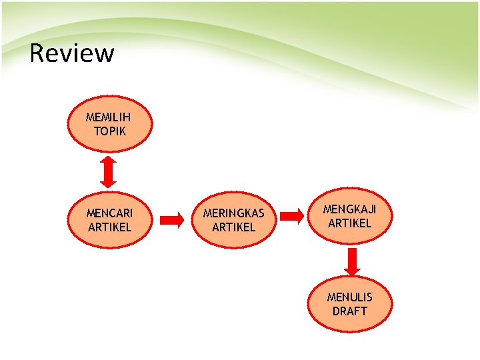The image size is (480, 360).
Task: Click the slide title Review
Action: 72,53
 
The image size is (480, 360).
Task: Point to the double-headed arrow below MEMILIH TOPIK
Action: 109,172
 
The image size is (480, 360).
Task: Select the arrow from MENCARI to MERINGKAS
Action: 172,219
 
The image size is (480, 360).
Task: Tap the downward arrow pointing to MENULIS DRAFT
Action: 352,261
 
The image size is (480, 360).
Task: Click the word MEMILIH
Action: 109,117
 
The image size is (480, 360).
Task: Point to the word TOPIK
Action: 109,131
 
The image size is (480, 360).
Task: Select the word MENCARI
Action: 109,213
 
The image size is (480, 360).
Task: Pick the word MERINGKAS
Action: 233,213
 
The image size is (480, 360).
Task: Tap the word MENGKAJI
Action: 349,209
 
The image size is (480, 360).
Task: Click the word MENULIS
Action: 349,297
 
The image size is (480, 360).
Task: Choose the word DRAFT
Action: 349,311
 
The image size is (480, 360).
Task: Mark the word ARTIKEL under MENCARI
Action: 109,227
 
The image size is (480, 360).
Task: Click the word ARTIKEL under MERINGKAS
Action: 233,227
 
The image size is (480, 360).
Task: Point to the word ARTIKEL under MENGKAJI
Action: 349,223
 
